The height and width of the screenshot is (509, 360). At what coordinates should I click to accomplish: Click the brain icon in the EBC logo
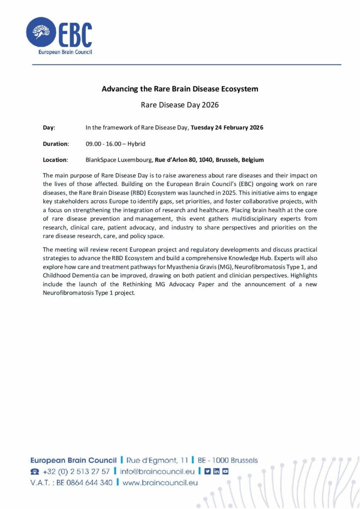(x=41, y=32)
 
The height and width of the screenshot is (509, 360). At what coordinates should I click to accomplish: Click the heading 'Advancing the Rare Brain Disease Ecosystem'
(x=180, y=89)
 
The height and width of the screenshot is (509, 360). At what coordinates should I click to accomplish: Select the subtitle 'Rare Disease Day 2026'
(x=180, y=105)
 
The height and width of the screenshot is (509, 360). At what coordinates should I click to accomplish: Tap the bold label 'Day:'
(x=49, y=128)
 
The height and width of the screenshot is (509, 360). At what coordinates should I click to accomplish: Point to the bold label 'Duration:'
(x=55, y=144)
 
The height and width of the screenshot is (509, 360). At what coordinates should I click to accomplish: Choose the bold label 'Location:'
(x=55, y=160)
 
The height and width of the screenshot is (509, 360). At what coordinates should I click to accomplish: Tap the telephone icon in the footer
(x=34, y=471)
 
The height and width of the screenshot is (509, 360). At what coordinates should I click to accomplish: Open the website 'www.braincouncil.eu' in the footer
(x=160, y=482)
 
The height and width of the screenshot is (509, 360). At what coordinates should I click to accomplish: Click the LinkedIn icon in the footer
(x=216, y=471)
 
